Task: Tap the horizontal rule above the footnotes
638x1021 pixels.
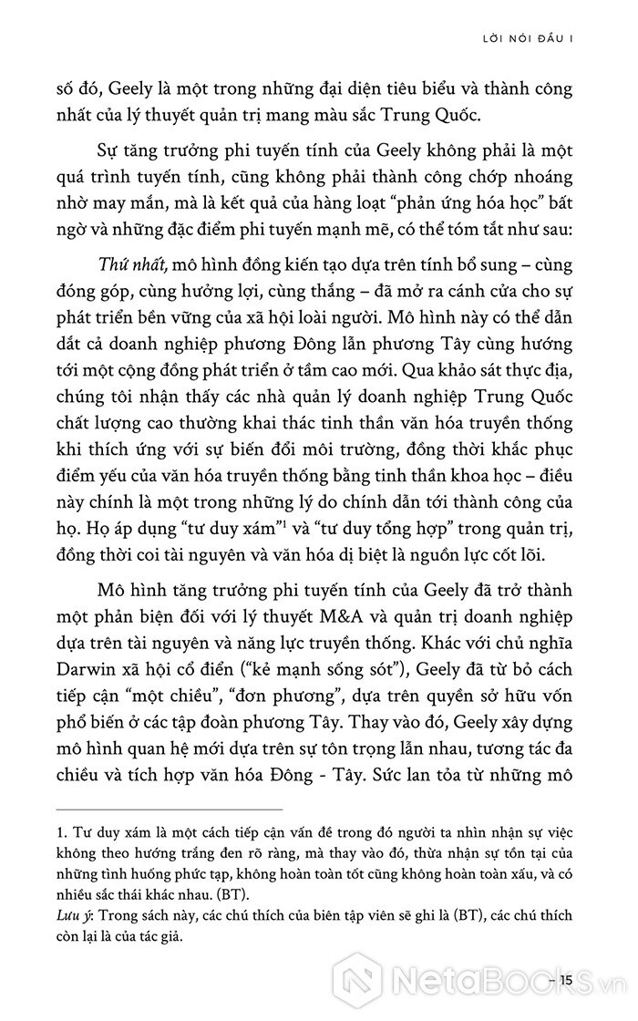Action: tap(169, 809)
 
